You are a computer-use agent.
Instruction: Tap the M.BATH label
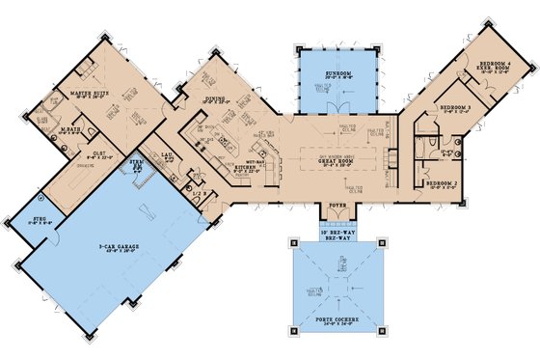click(x=69, y=128)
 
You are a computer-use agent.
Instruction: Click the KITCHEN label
click(x=246, y=165)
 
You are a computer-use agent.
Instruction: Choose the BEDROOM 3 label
click(x=454, y=108)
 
